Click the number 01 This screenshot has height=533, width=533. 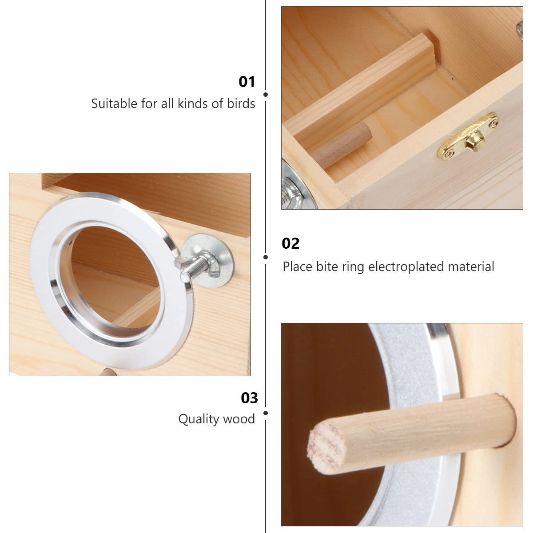247,82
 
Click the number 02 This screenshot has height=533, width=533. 291,243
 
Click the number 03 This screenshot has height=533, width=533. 249,398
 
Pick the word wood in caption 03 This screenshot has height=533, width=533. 242,419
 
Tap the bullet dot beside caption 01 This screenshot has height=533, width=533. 266,95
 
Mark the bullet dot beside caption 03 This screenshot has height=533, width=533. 266,413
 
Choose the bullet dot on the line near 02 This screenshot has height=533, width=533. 266,257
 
